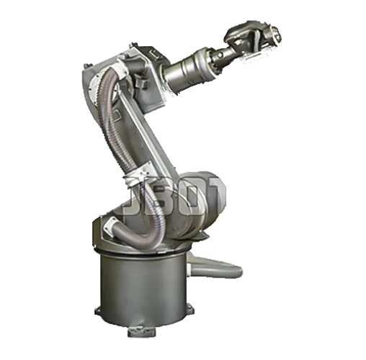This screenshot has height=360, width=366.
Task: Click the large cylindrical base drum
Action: pos(144,288)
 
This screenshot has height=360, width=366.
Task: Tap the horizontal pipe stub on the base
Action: pos(223,271)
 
